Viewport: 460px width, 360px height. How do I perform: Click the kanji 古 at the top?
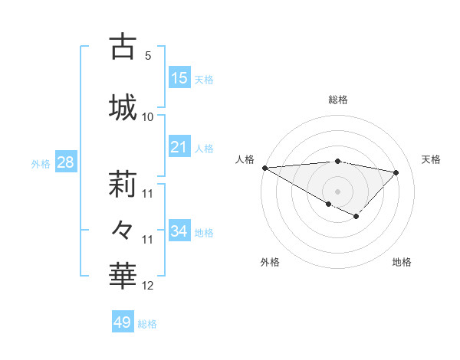pos(123,47)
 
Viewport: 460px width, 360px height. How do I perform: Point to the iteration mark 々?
pos(123,229)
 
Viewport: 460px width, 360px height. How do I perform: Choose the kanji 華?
pos(123,274)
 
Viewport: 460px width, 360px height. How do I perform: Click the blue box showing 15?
pos(179,77)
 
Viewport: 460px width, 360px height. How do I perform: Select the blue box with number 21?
pos(179,147)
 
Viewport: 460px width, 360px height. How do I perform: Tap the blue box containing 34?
pos(179,231)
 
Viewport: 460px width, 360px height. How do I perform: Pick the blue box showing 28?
pos(65,162)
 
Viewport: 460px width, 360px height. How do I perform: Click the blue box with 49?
pos(122,322)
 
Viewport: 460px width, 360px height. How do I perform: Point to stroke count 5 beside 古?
pos(148,56)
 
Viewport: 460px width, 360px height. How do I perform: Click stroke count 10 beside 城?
pos(148,116)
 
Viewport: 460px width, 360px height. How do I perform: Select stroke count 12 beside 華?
pos(148,286)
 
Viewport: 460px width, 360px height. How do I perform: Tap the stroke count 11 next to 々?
pos(148,240)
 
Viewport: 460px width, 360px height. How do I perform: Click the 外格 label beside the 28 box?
pos(40,163)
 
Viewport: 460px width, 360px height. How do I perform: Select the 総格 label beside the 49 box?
pos(147,324)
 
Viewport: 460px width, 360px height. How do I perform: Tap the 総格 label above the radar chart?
pos(337,100)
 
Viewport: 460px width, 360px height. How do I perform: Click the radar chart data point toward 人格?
pos(264,168)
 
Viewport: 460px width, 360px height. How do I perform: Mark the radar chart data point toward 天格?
pos(396,172)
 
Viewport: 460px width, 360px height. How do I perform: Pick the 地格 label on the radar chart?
pos(402,262)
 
